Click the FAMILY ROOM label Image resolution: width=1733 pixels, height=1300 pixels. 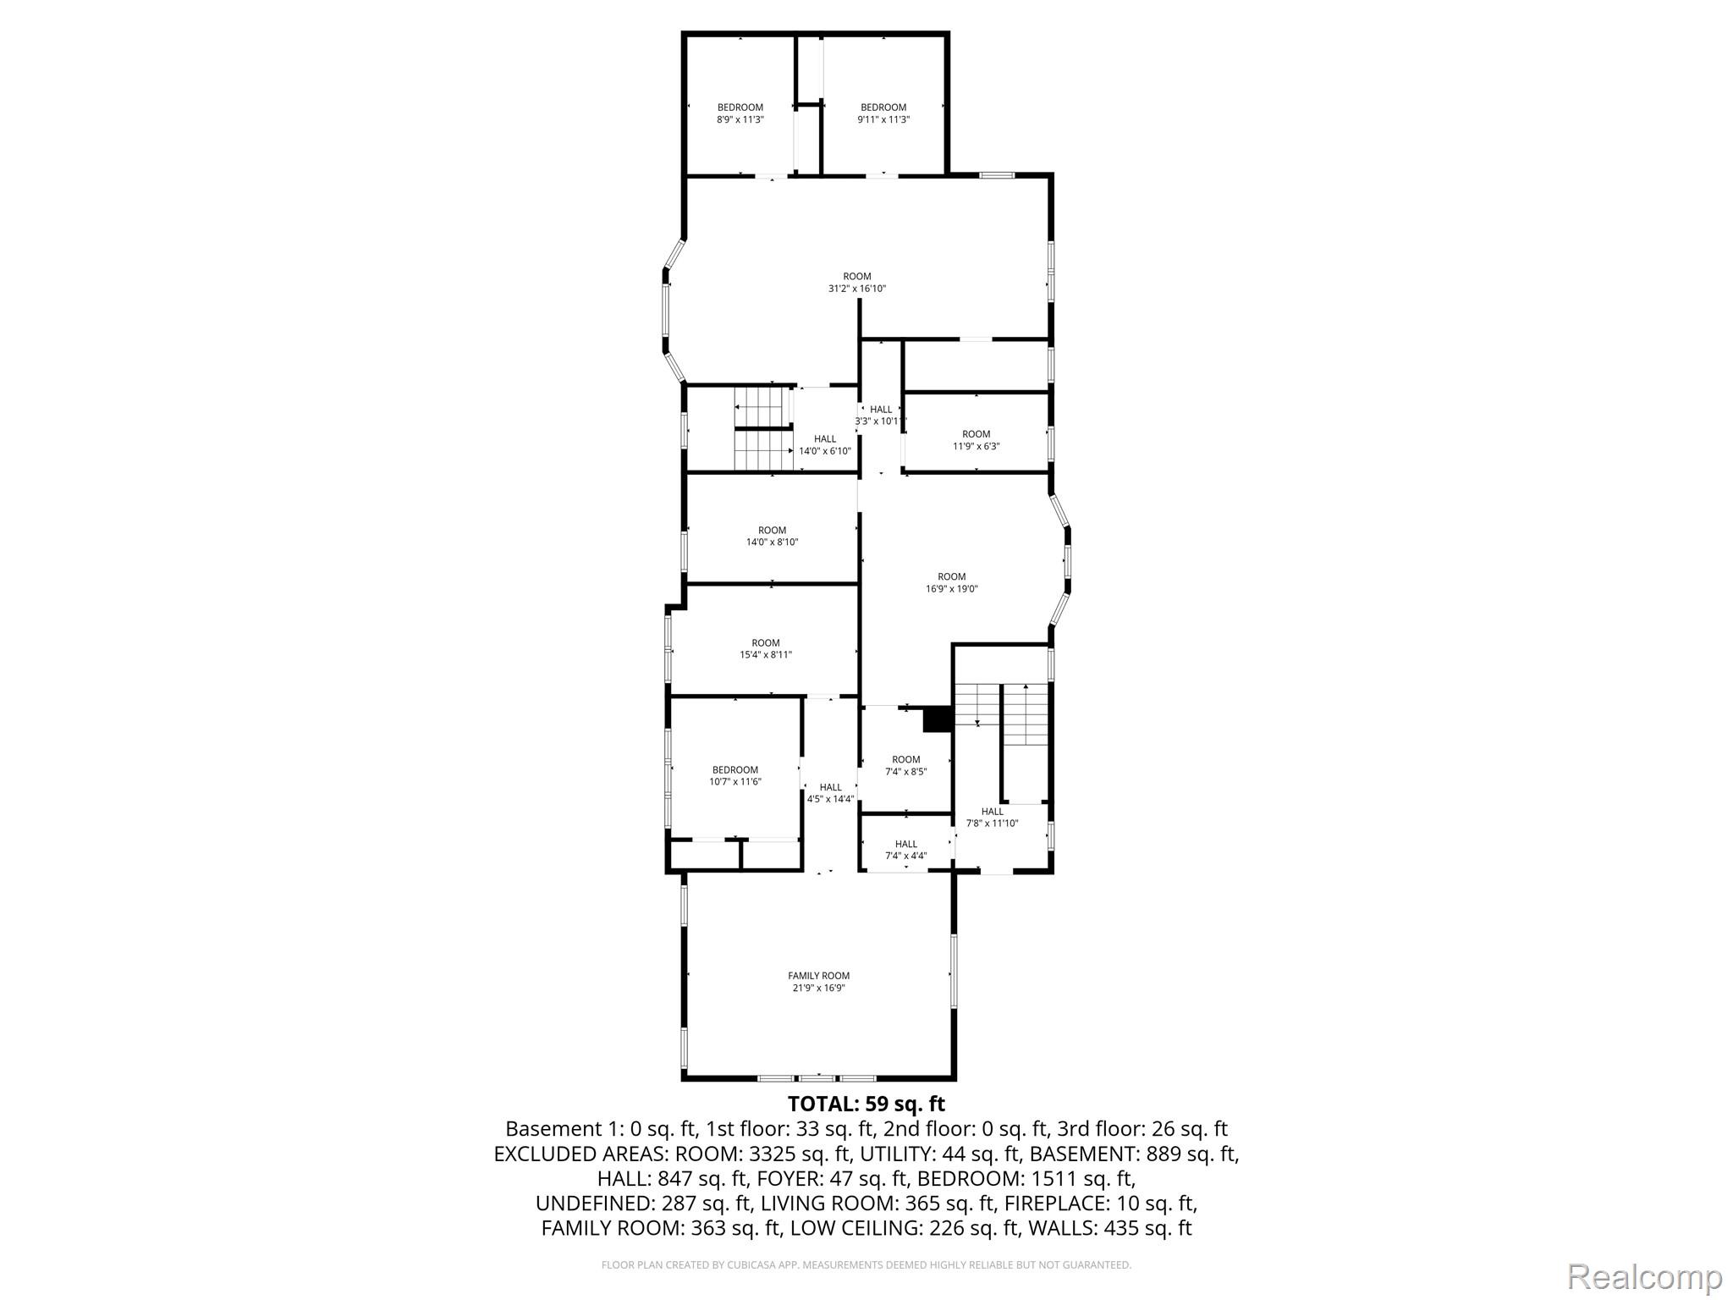pyautogui.click(x=818, y=976)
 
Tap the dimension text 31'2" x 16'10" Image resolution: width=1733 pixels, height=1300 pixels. pyautogui.click(x=857, y=289)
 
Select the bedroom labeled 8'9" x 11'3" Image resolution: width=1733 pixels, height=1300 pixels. pyautogui.click(x=740, y=113)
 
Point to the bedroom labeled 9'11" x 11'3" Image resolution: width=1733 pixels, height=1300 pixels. pyautogui.click(x=883, y=113)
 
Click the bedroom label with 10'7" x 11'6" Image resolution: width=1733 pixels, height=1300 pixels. pyautogui.click(x=735, y=776)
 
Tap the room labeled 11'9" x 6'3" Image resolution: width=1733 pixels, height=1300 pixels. pyautogui.click(x=977, y=440)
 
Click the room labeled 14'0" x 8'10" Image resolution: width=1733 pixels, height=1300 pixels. pyautogui.click(x=772, y=537)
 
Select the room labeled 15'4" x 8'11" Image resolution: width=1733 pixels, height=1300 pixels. pyautogui.click(x=766, y=648)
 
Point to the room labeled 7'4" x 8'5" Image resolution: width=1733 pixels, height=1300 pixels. pyautogui.click(x=905, y=766)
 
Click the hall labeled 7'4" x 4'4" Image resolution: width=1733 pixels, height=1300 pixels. pyautogui.click(x=906, y=850)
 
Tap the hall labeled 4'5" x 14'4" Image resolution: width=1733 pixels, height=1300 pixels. pyautogui.click(x=831, y=793)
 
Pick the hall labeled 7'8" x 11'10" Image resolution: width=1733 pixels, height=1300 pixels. pyautogui.click(x=993, y=818)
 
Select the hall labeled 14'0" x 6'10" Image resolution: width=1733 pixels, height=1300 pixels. pyautogui.click(x=825, y=445)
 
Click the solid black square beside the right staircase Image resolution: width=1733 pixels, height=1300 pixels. pyautogui.click(x=938, y=719)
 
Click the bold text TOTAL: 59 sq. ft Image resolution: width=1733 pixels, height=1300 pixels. pyautogui.click(x=866, y=1104)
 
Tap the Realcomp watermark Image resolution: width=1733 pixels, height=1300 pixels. pyautogui.click(x=1645, y=1275)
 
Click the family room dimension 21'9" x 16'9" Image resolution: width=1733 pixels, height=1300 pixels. pyautogui.click(x=818, y=988)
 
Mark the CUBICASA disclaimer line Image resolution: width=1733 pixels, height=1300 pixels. pyautogui.click(x=866, y=1264)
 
